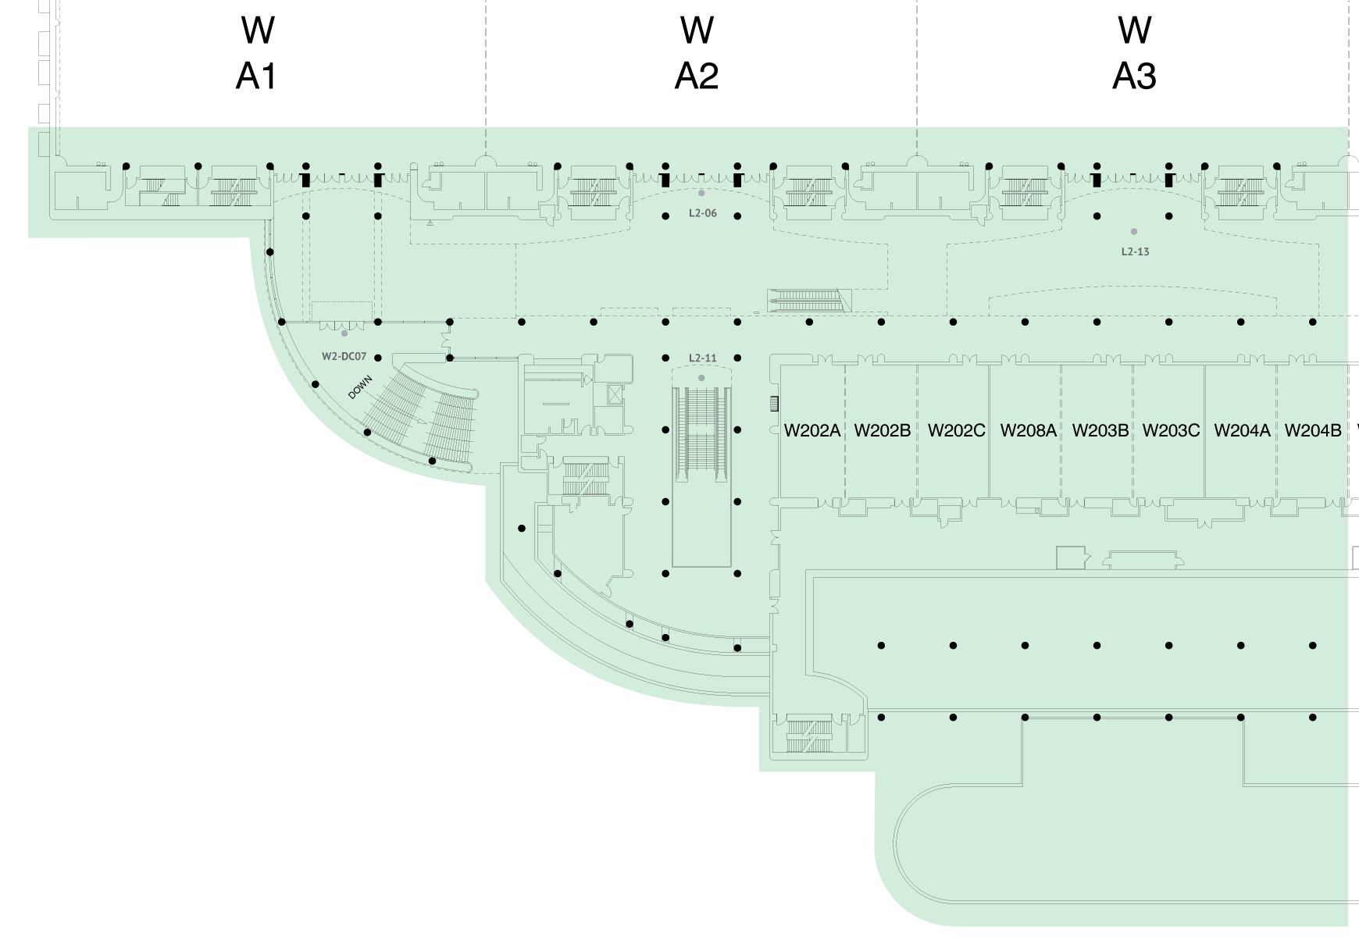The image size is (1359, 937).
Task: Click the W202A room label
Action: [x=811, y=430]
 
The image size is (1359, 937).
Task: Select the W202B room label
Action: [x=882, y=430]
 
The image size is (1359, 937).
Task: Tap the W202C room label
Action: [x=956, y=430]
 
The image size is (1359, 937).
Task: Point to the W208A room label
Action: [x=1028, y=430]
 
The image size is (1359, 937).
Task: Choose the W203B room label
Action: [x=1100, y=430]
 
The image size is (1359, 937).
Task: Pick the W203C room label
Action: [x=1171, y=430]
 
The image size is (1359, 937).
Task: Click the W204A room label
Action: [x=1242, y=430]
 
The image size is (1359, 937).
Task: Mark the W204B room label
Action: [x=1313, y=430]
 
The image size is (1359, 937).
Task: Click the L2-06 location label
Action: [x=702, y=213]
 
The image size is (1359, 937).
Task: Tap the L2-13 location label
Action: [x=1135, y=251]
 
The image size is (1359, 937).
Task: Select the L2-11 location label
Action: [x=702, y=358]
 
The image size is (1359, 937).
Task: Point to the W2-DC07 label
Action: [x=344, y=357]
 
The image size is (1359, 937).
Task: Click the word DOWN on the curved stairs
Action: [x=360, y=387]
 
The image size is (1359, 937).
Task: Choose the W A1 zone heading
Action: [x=257, y=53]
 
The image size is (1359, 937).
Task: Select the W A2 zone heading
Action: [x=696, y=53]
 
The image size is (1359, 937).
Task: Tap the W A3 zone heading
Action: [x=1134, y=53]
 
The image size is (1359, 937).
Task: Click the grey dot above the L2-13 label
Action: [x=1134, y=232]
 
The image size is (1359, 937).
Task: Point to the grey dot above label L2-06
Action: [x=701, y=193]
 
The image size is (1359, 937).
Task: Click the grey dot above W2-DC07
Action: [x=344, y=333]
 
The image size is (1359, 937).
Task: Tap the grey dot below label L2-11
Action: [x=701, y=378]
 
